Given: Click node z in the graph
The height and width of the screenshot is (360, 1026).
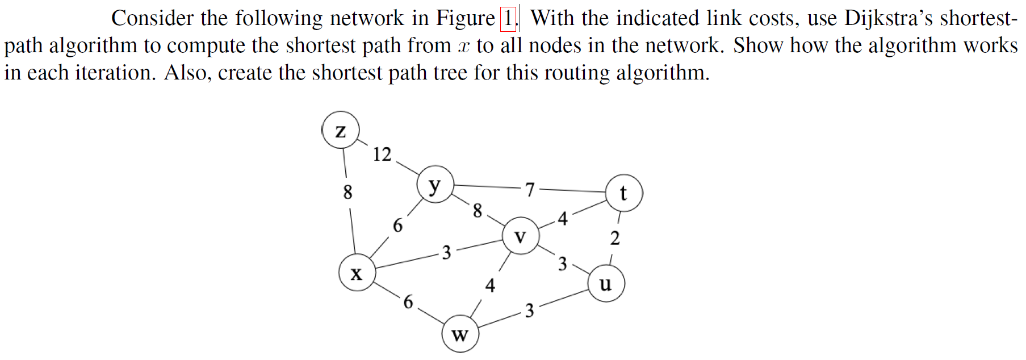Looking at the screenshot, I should [x=340, y=130].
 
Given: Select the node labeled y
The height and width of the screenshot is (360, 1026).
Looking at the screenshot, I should [x=435, y=185].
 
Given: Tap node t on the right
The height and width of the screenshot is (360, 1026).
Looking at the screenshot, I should [x=623, y=193].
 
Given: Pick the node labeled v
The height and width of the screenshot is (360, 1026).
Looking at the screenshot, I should [x=520, y=236].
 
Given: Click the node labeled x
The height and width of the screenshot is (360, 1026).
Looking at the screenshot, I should [x=357, y=273].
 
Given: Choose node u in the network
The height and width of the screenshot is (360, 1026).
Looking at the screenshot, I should [x=606, y=283].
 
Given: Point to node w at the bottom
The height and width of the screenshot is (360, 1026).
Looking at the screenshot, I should [x=460, y=334].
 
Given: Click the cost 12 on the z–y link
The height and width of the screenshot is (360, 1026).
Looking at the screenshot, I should [x=382, y=154].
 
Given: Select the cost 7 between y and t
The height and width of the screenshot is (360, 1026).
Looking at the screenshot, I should [x=530, y=189].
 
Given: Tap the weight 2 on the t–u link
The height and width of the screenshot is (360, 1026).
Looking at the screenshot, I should [x=615, y=238].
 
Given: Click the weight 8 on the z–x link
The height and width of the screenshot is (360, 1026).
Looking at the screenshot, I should [x=347, y=192].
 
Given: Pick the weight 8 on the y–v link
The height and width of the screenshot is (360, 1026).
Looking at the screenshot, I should [x=478, y=211].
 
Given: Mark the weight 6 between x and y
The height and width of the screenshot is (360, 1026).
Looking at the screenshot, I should [x=397, y=226].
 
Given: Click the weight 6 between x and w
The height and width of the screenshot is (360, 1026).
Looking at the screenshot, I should [x=408, y=302].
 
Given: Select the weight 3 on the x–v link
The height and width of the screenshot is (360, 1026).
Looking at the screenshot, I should [x=446, y=253].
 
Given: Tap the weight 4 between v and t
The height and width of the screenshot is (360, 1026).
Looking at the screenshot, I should [x=562, y=219].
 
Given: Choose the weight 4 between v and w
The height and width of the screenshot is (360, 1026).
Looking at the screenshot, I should [x=490, y=285].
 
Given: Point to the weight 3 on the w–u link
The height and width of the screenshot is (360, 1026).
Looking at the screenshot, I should [x=529, y=311].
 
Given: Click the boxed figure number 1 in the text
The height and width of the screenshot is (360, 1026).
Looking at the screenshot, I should [x=508, y=19].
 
